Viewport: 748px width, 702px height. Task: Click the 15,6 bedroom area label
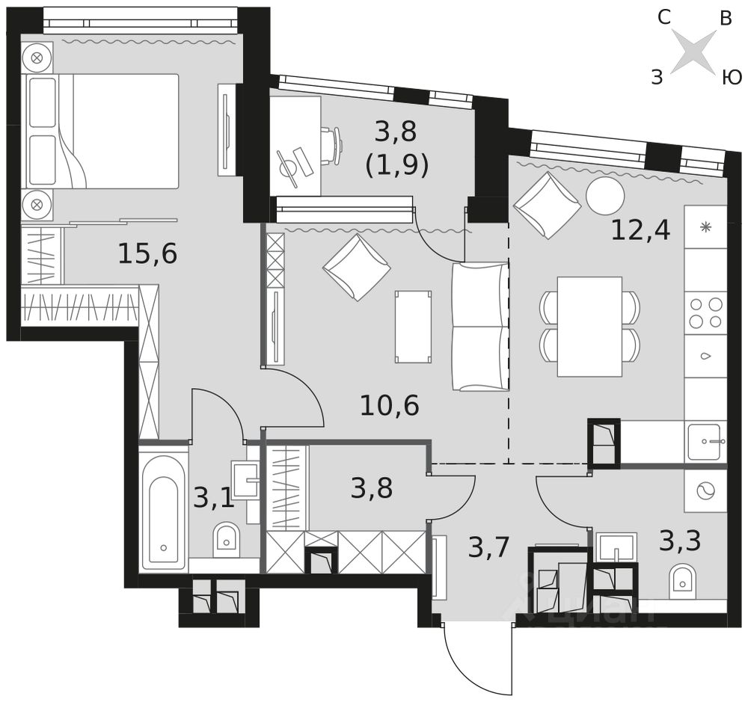(x=147, y=254)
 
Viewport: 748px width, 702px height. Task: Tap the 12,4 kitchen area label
(x=640, y=230)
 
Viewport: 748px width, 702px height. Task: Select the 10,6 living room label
(x=389, y=406)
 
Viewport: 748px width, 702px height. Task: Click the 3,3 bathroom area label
(x=680, y=540)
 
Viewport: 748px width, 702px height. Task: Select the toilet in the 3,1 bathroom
(x=226, y=538)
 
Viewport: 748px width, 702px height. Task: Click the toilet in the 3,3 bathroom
(x=683, y=578)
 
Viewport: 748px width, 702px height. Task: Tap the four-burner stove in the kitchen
(x=705, y=312)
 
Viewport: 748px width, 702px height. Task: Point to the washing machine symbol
(x=705, y=491)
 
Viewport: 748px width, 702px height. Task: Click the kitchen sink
(x=705, y=441)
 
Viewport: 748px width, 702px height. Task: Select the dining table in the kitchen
(x=589, y=326)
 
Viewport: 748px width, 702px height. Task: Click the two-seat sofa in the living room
(x=479, y=326)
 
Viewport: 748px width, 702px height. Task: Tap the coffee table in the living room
(x=413, y=327)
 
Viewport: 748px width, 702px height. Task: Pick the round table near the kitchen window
(x=605, y=196)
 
